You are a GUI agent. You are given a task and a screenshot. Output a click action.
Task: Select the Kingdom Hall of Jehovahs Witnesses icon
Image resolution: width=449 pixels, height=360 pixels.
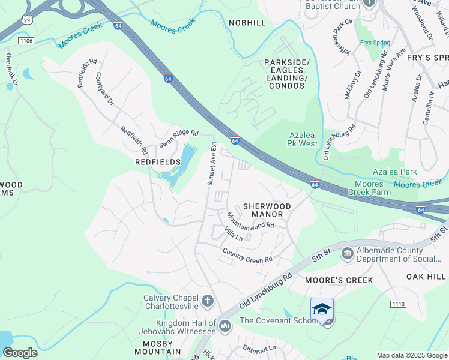pos(225,326)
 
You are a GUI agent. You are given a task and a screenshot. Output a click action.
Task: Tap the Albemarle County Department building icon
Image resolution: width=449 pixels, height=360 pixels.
pos(347,254)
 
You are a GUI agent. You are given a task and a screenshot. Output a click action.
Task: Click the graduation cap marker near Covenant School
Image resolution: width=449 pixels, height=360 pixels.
pos(322,310)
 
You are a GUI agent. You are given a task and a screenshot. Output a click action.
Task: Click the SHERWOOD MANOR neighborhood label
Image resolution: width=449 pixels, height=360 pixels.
pos(267,210)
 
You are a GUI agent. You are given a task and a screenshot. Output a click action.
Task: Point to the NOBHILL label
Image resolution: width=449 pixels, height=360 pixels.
pos(247,22)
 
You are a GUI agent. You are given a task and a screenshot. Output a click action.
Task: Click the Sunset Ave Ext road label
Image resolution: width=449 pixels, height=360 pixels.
pos(211,163)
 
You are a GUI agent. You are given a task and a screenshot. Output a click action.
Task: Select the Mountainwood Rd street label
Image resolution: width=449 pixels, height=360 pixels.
pos(250,220)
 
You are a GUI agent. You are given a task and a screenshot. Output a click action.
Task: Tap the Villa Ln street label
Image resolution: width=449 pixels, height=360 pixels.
pos(233,234)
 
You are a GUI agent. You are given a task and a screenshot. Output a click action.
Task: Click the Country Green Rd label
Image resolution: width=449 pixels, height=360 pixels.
pos(247,255)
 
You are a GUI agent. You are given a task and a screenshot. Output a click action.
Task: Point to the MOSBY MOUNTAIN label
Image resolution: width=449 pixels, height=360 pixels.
pos(157,346)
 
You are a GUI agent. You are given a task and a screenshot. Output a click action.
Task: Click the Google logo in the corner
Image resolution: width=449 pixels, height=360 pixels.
pos(20,353)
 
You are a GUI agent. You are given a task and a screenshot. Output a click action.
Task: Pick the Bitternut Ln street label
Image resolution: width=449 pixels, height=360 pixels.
pos(259,348)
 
